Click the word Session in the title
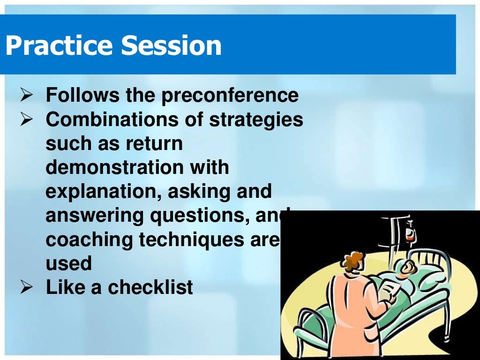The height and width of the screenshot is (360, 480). tap(171, 46)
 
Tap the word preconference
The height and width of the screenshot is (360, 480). tap(230, 96)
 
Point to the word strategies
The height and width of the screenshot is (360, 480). tap(256, 120)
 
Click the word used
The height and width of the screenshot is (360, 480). tap(68, 263)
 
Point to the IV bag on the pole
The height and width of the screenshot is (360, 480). tap(411, 233)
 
